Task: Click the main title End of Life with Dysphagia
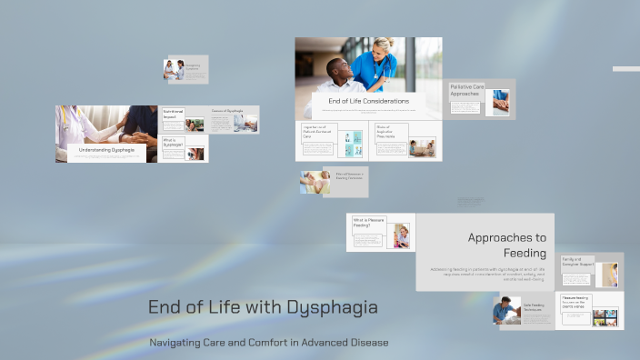tap(263, 307)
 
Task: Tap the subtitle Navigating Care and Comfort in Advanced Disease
tap(268, 343)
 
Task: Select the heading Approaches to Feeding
tap(506, 245)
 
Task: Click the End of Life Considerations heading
tap(368, 101)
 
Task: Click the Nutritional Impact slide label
tap(173, 115)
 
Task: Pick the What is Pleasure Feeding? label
tap(369, 223)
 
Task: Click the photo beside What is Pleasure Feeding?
tap(402, 236)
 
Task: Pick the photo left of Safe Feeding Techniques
tap(507, 311)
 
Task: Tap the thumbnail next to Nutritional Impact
tap(195, 125)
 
